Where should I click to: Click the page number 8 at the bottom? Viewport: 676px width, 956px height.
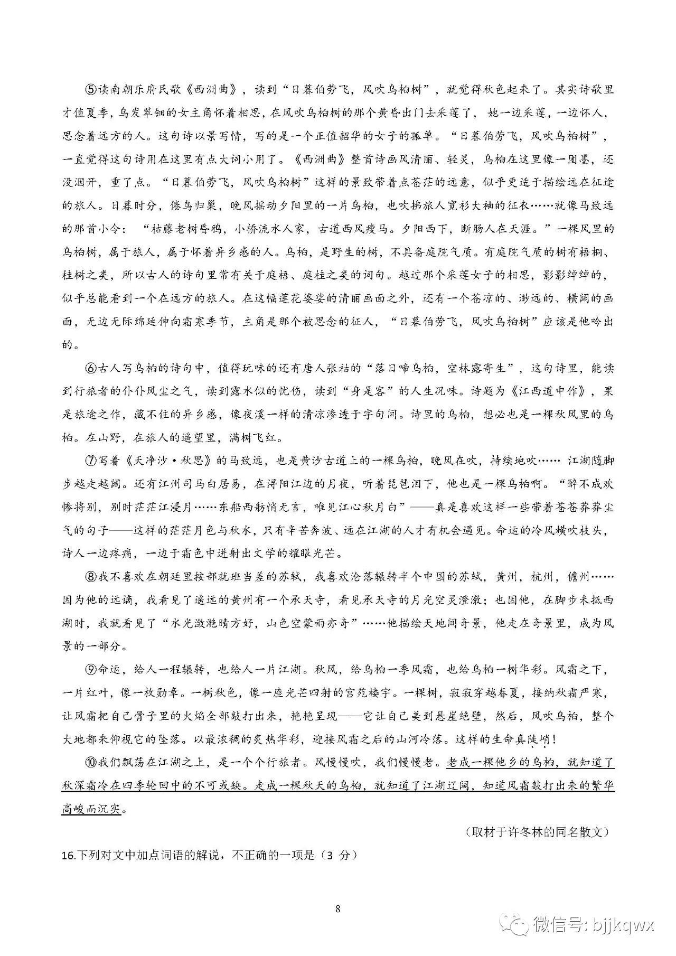pyautogui.click(x=338, y=894)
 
